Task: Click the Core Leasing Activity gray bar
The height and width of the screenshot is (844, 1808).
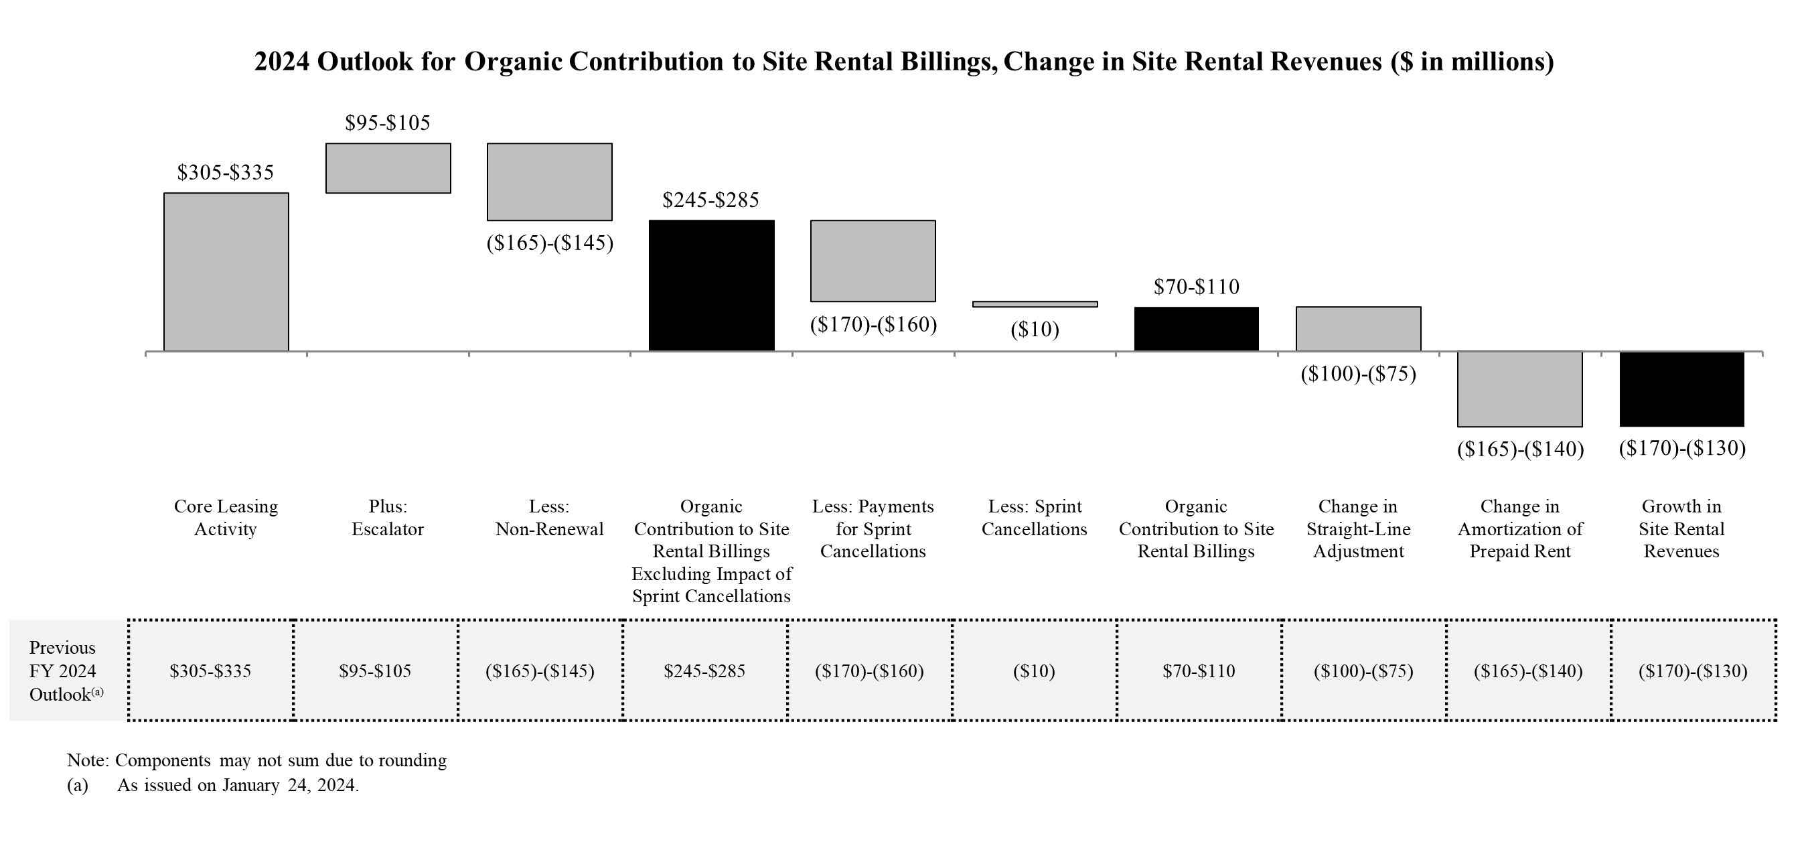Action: tap(226, 272)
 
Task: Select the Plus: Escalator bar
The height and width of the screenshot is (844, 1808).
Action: tap(388, 168)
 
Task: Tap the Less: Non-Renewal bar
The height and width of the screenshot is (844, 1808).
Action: tap(550, 182)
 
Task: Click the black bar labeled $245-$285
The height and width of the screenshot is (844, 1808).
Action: tap(712, 285)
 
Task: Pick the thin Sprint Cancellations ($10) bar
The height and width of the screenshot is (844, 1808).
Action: tap(1035, 304)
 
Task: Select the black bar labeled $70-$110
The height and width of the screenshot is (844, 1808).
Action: tap(1196, 329)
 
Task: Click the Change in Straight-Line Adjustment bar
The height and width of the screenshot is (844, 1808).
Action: tap(1358, 329)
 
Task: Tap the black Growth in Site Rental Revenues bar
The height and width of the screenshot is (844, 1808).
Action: tap(1681, 389)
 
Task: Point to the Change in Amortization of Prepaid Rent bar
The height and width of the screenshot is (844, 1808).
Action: tap(1519, 389)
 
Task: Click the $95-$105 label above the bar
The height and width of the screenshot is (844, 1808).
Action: tap(388, 123)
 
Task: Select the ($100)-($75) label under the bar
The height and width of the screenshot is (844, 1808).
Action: tap(1358, 374)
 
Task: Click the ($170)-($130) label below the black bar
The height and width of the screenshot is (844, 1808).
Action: tap(1681, 448)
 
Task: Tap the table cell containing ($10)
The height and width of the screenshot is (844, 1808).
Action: tap(1034, 671)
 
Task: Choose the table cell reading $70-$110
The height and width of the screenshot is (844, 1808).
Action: tap(1198, 671)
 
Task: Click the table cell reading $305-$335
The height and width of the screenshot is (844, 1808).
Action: tap(210, 671)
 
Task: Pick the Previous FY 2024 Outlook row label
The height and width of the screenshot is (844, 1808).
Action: tap(65, 671)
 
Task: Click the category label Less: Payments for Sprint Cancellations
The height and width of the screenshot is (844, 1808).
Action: tap(873, 529)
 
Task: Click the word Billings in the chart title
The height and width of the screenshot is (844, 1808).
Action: tap(951, 62)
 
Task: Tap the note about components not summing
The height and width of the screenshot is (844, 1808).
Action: tap(257, 760)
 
